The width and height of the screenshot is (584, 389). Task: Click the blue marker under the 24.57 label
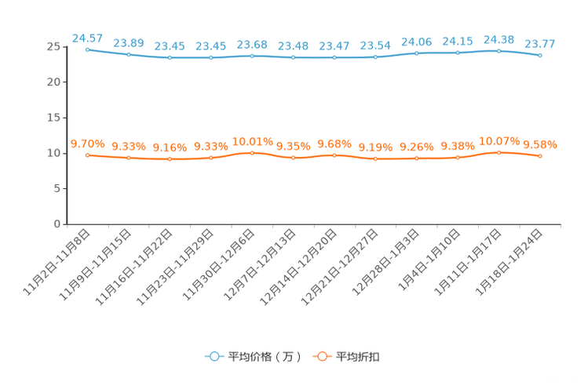pyautogui.click(x=87, y=49)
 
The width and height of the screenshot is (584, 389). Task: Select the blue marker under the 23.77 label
pyautogui.click(x=540, y=56)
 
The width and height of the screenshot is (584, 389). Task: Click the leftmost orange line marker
pyautogui.click(x=87, y=155)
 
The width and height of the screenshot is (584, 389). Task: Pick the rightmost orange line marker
pyautogui.click(x=540, y=156)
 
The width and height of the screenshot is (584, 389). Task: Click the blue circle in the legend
pyautogui.click(x=214, y=357)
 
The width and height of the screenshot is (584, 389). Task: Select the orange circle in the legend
pyautogui.click(x=322, y=357)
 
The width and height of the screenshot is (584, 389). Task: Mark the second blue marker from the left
pyautogui.click(x=128, y=54)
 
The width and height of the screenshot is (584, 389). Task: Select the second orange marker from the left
pyautogui.click(x=128, y=158)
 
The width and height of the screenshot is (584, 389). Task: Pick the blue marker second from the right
pyautogui.click(x=498, y=51)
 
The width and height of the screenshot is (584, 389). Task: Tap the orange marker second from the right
pyautogui.click(x=498, y=152)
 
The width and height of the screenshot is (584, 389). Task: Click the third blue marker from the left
pyautogui.click(x=170, y=58)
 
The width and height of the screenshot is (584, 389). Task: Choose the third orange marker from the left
pyautogui.click(x=170, y=159)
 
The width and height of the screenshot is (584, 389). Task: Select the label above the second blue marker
pyautogui.click(x=128, y=42)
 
